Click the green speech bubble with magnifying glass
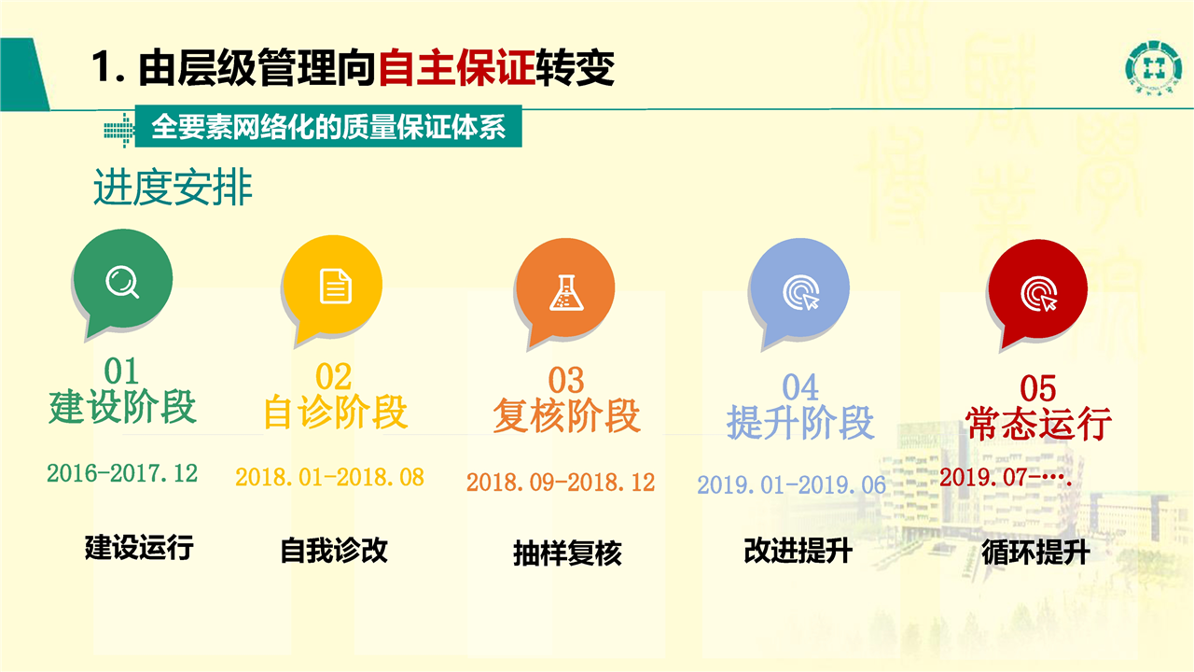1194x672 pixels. click(x=122, y=280)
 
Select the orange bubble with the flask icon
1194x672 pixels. click(x=565, y=290)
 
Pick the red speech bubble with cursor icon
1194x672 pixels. click(x=1037, y=292)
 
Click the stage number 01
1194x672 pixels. click(x=121, y=371)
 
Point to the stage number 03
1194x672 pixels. click(x=566, y=380)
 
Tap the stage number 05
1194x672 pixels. click(x=1038, y=387)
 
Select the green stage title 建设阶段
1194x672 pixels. click(x=122, y=407)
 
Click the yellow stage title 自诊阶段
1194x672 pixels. click(x=336, y=412)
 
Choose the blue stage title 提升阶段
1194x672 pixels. click(x=800, y=422)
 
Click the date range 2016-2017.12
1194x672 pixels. click(x=122, y=473)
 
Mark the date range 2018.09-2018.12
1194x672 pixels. click(x=561, y=483)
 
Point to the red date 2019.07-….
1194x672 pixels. click(x=1006, y=477)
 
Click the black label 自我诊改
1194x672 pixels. click(x=334, y=551)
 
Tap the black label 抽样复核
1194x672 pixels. click(x=568, y=553)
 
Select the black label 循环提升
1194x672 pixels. click(x=1035, y=552)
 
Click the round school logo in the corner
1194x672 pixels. click(x=1152, y=68)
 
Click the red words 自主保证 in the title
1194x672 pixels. click(x=457, y=68)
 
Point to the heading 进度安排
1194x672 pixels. click(x=173, y=188)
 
